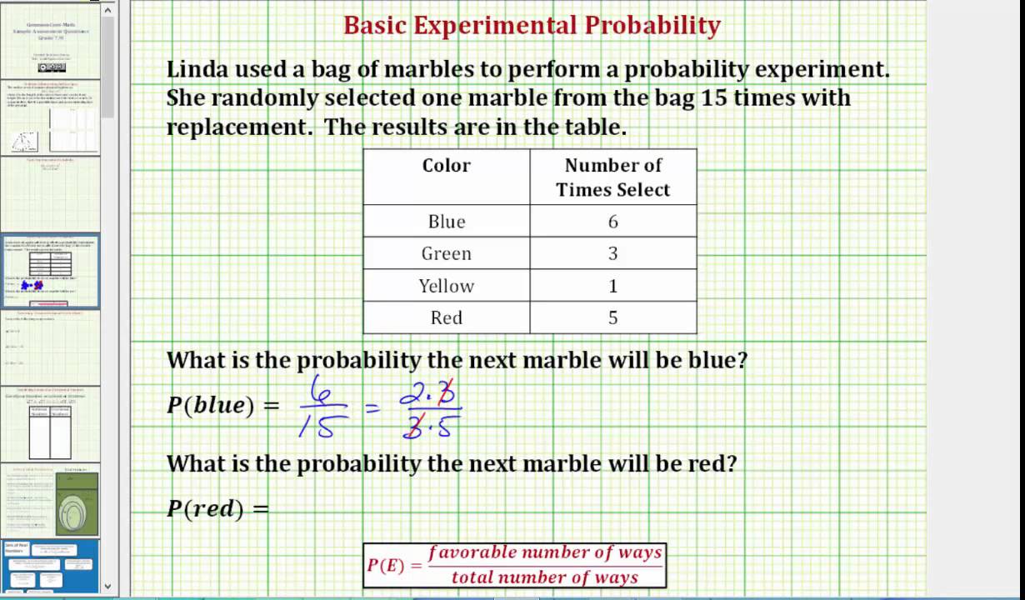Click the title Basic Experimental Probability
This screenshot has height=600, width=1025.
(x=532, y=26)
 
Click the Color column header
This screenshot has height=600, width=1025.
(x=446, y=165)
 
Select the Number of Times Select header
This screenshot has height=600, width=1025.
(x=612, y=177)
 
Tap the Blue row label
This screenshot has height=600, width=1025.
(x=446, y=222)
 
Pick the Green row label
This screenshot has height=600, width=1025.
(x=446, y=253)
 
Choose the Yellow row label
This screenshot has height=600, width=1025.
(x=446, y=286)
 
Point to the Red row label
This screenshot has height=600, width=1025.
(x=446, y=317)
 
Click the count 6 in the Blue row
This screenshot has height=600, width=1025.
(x=613, y=222)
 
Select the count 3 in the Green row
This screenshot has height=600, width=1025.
(x=613, y=253)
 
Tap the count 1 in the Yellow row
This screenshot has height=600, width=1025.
(x=613, y=286)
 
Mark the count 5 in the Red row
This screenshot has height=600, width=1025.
(x=613, y=317)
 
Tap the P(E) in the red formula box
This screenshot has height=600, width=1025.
(x=384, y=565)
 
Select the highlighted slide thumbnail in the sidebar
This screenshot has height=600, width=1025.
(x=50, y=272)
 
